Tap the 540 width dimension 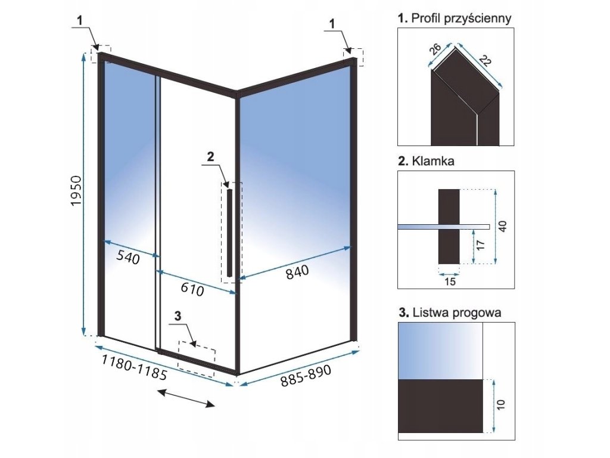coord(127,258)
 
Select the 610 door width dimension coord(192,290)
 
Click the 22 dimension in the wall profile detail coord(485,61)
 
